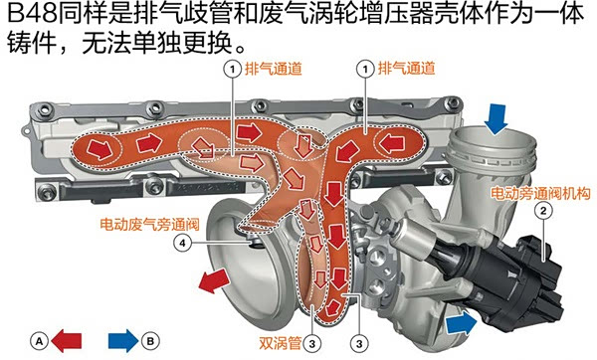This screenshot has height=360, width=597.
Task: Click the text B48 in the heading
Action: pos(30,17)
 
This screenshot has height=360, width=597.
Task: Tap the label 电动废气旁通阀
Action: pos(145,224)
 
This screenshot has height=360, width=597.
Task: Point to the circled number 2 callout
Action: pos(542,211)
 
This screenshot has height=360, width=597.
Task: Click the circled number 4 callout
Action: pos(181,241)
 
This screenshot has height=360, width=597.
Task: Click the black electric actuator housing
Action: pos(527,264)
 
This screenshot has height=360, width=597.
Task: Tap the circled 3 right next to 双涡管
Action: pos(312,341)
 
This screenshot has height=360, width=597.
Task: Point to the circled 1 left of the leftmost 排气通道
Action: pos(231,71)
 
